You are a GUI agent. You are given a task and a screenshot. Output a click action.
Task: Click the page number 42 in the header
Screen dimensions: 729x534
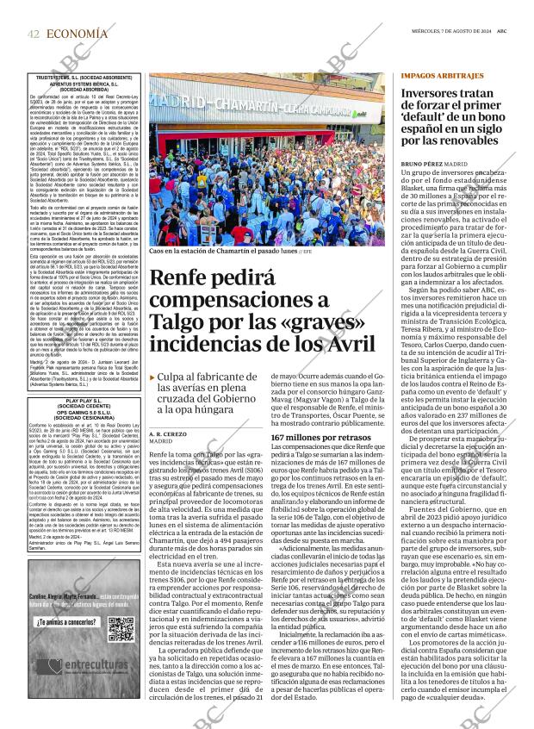pyautogui.click(x=34, y=34)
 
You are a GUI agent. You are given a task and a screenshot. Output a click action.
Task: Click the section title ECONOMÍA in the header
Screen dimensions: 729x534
pyautogui.click(x=78, y=34)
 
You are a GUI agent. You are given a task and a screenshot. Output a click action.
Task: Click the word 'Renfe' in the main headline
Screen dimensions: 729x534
pyautogui.click(x=180, y=280)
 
